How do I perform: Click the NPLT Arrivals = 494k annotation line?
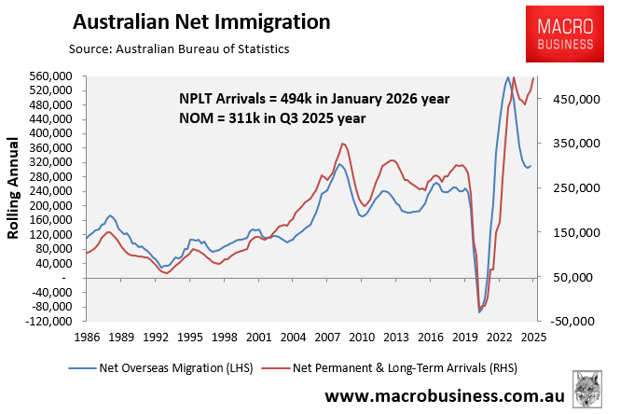click(x=314, y=99)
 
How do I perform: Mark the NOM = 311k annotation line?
click(x=273, y=118)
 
